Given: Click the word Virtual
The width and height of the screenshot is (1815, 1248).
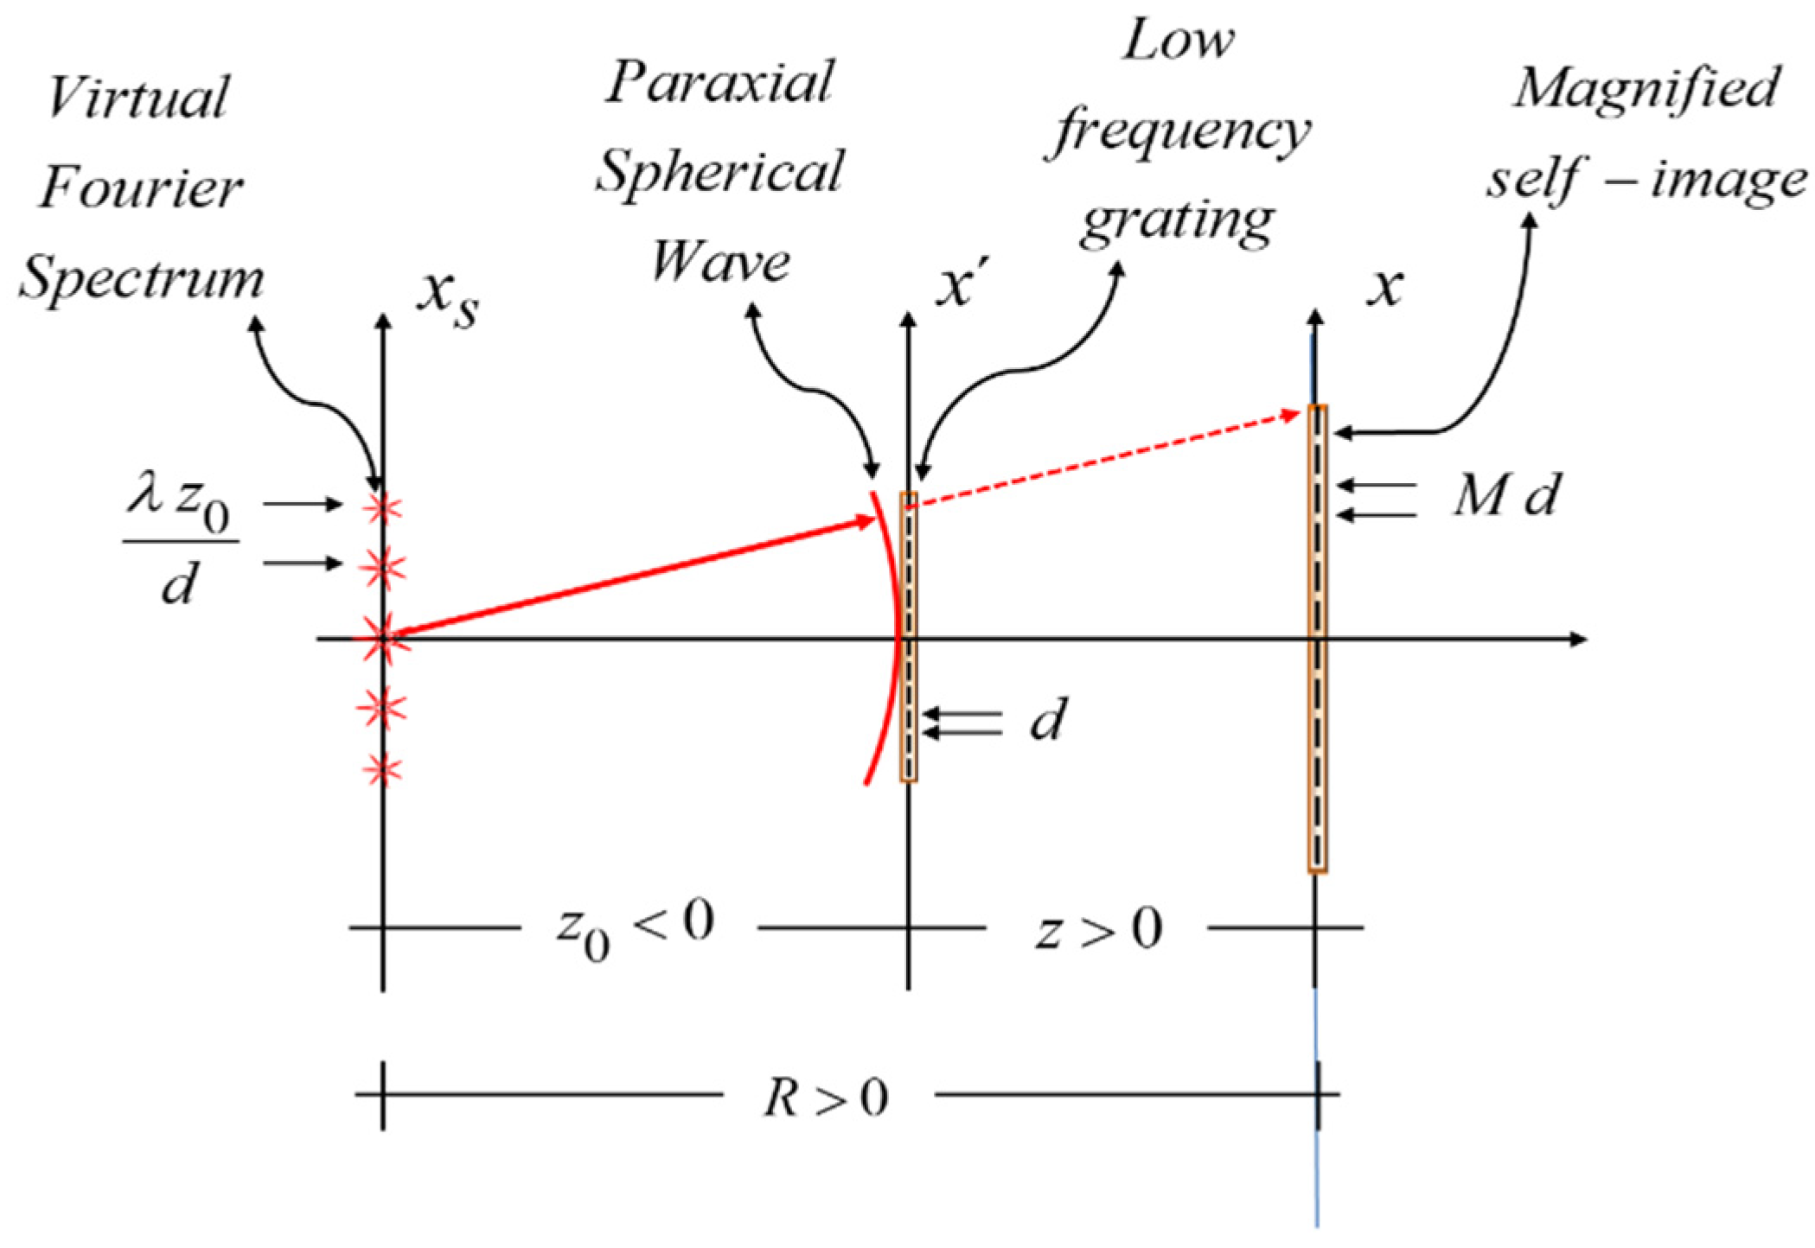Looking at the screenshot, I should click(x=138, y=97).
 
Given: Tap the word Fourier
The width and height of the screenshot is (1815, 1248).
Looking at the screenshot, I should click(x=141, y=188).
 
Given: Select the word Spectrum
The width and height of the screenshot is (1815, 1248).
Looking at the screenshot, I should click(x=141, y=279).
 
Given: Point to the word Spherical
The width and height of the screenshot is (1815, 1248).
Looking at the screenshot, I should click(x=719, y=172).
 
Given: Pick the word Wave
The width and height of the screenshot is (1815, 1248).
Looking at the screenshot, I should click(x=719, y=261).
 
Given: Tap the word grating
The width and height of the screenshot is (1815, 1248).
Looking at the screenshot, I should click(x=1176, y=223).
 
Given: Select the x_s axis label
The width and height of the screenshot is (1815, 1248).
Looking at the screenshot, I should click(x=448, y=298).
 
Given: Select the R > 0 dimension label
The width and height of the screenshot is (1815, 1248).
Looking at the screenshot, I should click(x=826, y=1098).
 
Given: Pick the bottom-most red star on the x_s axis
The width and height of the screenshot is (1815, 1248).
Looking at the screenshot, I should click(x=382, y=769).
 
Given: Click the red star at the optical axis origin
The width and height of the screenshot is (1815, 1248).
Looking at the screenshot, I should click(x=381, y=639).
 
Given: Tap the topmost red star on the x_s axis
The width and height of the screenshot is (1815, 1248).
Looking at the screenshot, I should click(x=382, y=509).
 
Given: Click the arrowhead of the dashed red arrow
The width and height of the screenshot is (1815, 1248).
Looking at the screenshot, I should click(x=1294, y=416).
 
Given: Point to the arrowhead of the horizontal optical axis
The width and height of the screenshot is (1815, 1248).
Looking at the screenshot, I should click(x=1577, y=639).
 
